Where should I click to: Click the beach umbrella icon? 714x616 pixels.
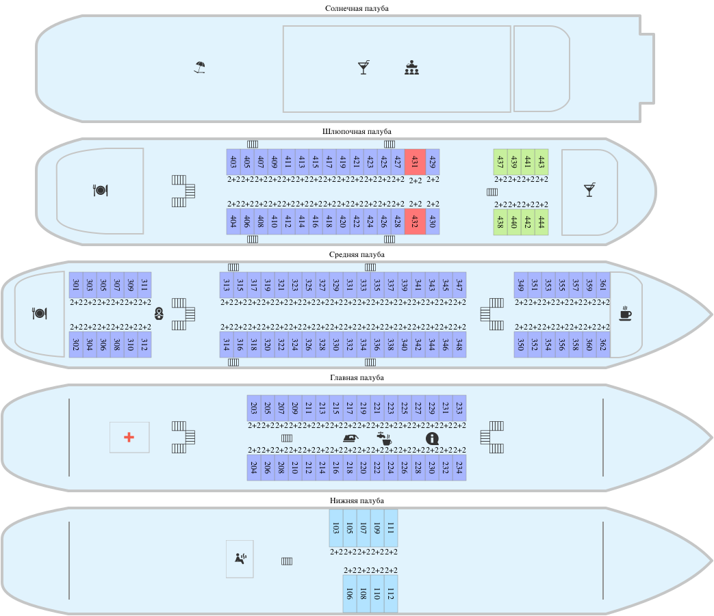tap(199, 67)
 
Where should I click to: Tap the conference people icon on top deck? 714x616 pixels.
tap(411, 68)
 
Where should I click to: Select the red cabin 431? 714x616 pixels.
tap(415, 162)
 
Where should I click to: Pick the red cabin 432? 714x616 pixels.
tap(415, 222)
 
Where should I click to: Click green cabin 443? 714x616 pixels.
tap(541, 162)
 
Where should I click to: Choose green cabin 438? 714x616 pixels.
tap(500, 222)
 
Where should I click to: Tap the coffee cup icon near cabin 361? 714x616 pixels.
tap(625, 314)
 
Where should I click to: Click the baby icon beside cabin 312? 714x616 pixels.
tap(159, 314)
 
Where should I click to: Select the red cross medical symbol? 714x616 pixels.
tap(129, 437)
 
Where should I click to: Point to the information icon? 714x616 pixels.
tap(432, 438)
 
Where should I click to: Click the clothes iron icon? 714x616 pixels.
tap(350, 438)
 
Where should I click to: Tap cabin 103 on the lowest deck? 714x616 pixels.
tap(336, 528)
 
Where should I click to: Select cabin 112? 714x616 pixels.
tap(391, 593)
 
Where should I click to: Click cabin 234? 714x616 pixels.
tap(459, 468)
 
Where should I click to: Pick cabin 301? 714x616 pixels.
tap(76, 284)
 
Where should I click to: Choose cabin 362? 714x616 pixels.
tap(603, 344)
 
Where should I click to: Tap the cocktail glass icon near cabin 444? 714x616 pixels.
tap(589, 190)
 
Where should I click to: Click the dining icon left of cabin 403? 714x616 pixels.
tap(101, 190)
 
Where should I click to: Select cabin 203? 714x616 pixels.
tap(254, 408)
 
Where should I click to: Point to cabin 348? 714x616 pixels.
tap(459, 344)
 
